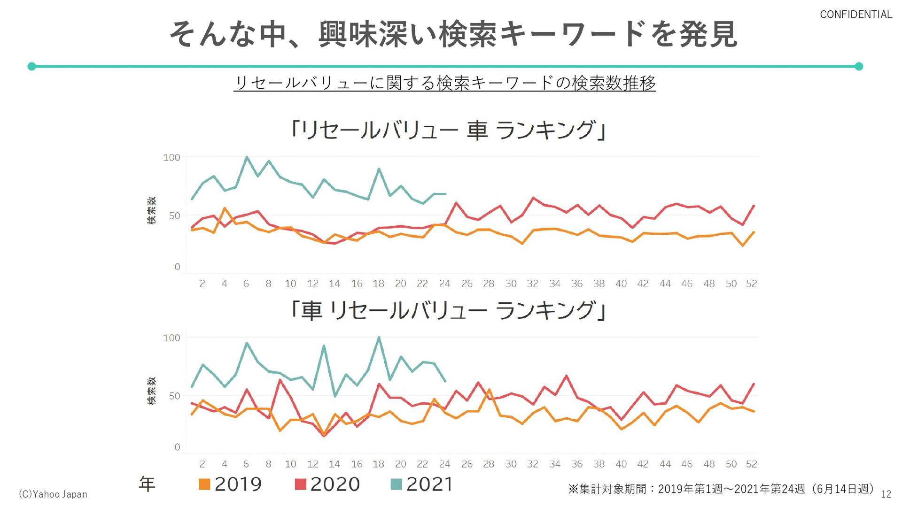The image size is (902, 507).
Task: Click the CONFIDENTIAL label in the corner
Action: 855,15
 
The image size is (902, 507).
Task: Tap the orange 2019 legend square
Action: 204,484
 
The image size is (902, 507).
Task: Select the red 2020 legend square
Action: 300,484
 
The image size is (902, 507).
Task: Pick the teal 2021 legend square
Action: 396,484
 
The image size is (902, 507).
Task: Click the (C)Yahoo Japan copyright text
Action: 53,494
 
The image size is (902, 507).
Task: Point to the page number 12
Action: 886,494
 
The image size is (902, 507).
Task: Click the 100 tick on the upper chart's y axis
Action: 171,158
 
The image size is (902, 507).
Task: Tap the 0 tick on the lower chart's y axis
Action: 177,447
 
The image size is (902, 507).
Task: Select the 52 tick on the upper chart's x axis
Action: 751,284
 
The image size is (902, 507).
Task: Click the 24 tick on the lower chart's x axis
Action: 444,464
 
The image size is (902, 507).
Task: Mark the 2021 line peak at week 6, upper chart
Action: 247,157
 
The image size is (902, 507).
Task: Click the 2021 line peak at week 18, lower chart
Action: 379,338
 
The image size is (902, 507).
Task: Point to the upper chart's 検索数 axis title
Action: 151,210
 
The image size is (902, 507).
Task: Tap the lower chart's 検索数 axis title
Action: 151,391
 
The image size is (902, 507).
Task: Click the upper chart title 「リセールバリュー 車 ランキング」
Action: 448,130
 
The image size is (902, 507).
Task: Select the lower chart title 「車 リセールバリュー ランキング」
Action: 448,310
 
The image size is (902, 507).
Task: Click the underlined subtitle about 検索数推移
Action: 444,83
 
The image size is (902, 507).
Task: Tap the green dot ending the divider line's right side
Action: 859,66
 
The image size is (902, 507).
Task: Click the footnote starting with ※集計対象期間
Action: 721,489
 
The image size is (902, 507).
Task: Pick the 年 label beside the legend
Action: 147,484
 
